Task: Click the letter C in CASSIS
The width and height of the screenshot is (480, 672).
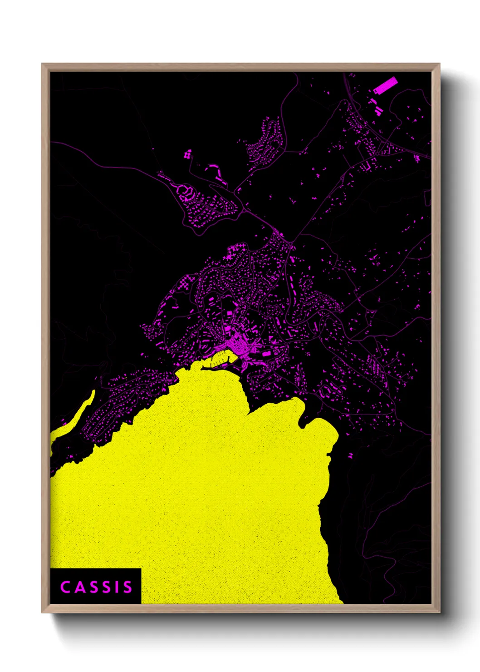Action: click(x=65, y=587)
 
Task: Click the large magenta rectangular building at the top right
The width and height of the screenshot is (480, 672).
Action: click(x=385, y=85)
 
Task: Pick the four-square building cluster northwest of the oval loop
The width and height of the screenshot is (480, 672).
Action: click(x=187, y=154)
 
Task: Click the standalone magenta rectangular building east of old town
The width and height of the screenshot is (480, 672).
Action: click(x=267, y=353)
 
